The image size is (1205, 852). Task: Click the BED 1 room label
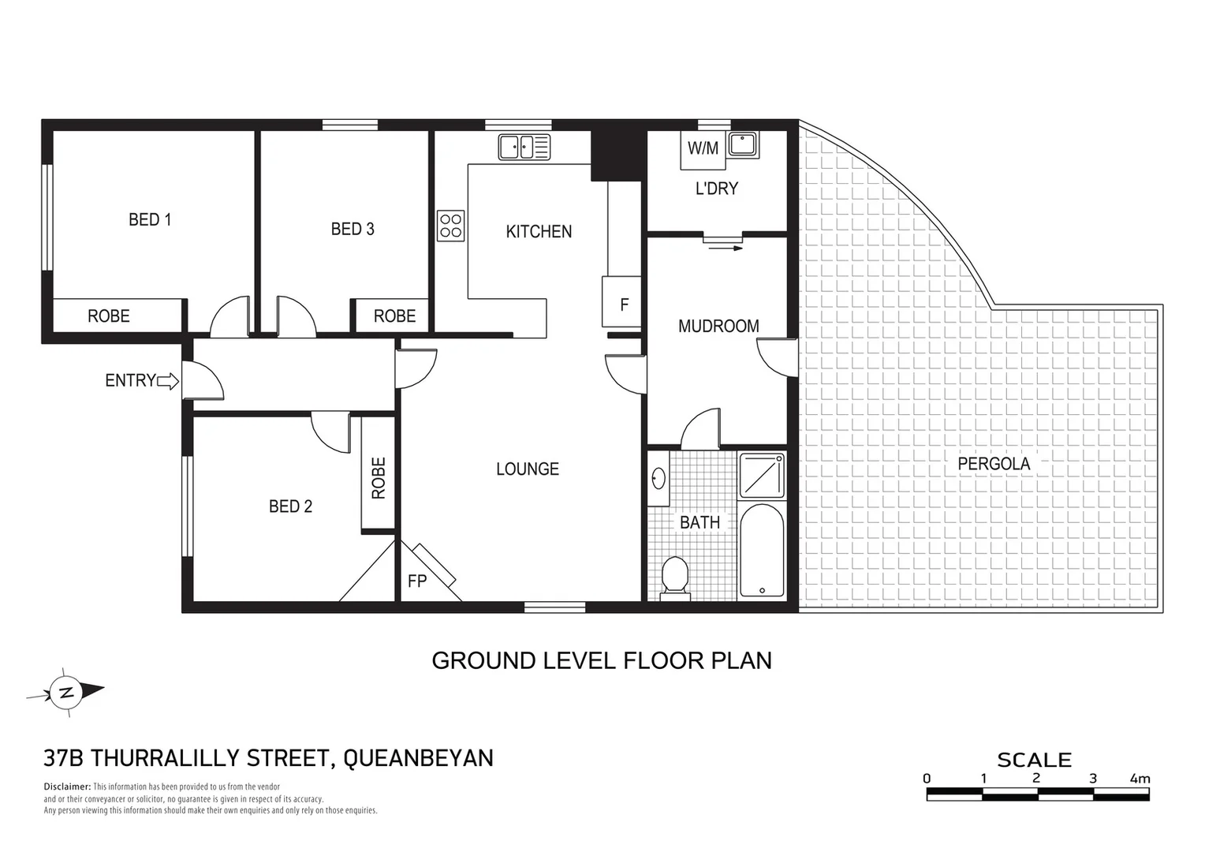point(150,219)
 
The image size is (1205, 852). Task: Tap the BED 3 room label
point(352,229)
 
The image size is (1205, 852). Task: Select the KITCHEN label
point(539,231)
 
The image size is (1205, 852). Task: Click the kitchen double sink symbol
point(524,147)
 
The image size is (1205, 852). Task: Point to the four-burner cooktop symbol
point(451,226)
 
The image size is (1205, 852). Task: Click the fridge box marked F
point(623,302)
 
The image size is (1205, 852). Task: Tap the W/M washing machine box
point(703,148)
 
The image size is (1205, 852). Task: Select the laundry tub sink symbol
point(743,144)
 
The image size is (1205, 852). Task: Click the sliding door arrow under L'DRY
point(726,248)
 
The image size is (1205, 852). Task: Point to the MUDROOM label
point(718,326)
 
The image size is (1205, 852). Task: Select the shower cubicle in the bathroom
point(762,475)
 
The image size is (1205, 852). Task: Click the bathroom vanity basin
point(658,479)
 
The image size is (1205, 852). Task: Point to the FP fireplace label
point(416,581)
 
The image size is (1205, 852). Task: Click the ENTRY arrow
point(168,382)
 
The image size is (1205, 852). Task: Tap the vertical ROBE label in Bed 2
point(379,478)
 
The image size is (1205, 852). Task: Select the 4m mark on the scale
point(1140,779)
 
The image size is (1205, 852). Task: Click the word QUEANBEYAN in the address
point(419,757)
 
